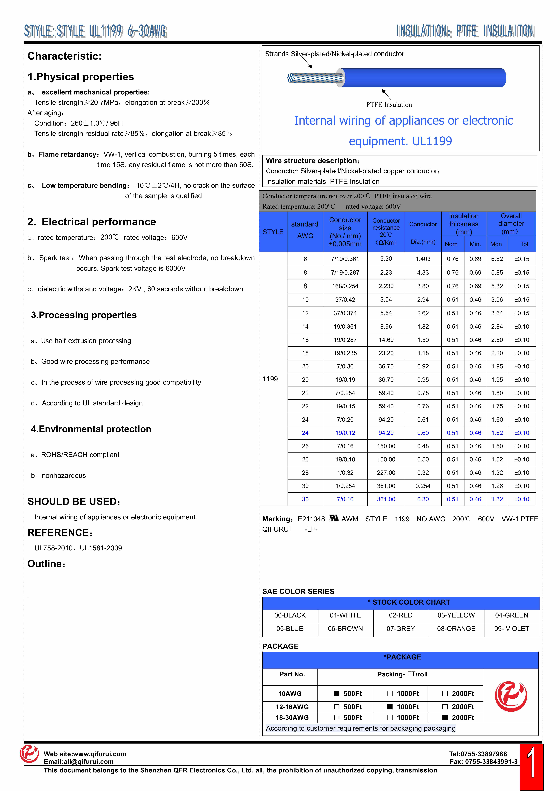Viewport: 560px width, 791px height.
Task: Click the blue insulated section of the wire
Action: pos(424,78)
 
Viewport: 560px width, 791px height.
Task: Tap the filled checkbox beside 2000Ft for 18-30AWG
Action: pos(445,718)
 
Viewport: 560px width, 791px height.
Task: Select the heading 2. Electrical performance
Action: pos(92,222)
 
